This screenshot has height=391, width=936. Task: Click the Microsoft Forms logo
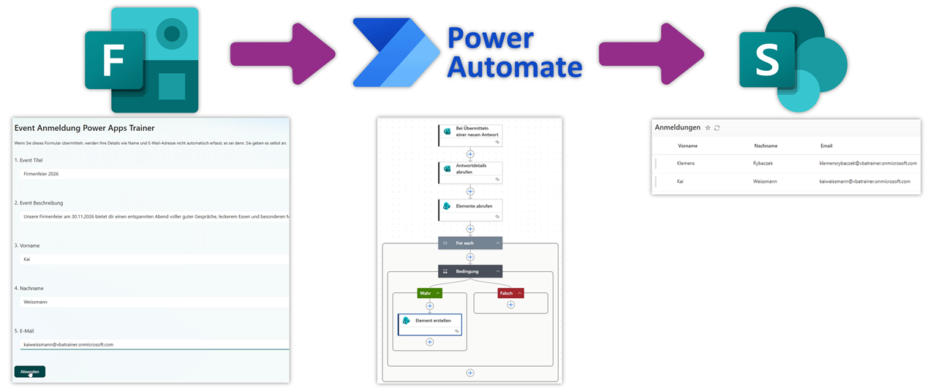(141, 60)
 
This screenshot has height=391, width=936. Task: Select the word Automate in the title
(514, 67)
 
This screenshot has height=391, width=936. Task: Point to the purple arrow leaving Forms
(282, 53)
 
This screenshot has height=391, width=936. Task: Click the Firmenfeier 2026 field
(154, 174)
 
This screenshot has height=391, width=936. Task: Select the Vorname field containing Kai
(154, 259)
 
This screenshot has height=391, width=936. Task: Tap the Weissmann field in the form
(154, 301)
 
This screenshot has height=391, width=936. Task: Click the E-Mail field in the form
(154, 344)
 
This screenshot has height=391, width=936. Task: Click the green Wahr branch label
(429, 293)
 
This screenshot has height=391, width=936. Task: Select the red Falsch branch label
(510, 293)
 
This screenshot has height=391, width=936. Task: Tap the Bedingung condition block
(470, 271)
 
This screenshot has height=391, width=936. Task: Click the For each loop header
(470, 243)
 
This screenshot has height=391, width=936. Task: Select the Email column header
(826, 145)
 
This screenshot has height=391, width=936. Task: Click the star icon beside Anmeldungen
(707, 128)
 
